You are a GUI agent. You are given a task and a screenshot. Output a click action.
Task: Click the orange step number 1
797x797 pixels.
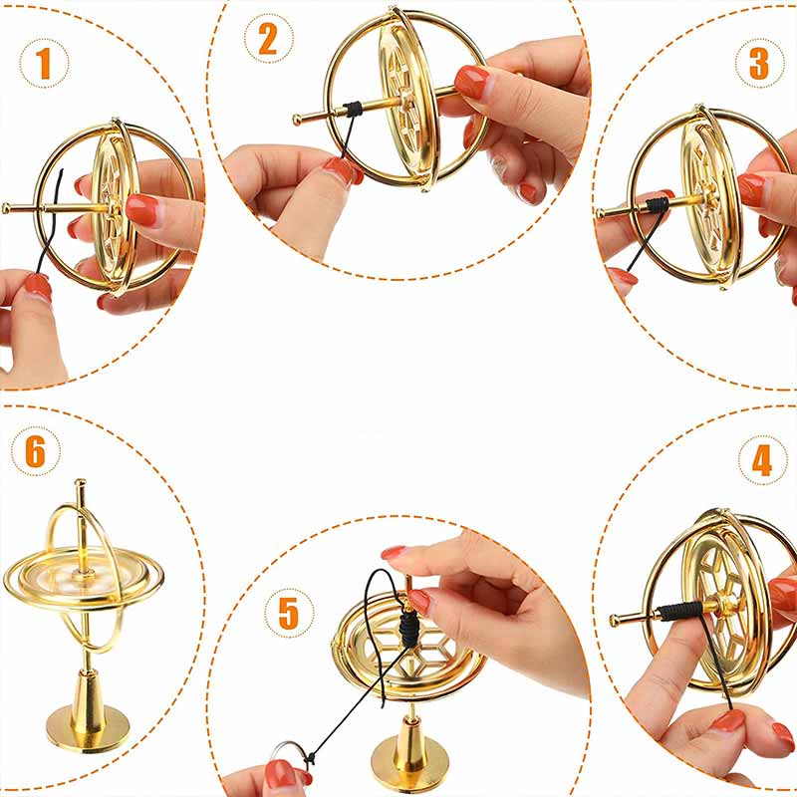[x=44, y=64]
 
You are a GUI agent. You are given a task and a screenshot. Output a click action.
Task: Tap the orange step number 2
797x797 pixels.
[x=268, y=39]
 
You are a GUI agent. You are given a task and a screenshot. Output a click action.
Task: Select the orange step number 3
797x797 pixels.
[x=759, y=64]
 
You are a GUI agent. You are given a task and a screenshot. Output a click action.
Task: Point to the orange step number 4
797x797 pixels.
[x=762, y=460]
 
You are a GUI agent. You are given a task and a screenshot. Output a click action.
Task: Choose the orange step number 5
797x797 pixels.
[x=288, y=613]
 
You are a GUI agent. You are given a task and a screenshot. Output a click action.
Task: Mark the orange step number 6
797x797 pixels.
[x=35, y=451]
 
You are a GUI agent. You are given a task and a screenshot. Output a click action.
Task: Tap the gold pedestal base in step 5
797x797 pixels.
[x=409, y=752]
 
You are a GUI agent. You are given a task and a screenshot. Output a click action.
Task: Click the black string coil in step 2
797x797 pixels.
[x=353, y=110]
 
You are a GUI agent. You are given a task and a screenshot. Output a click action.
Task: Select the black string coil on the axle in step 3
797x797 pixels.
[x=657, y=204]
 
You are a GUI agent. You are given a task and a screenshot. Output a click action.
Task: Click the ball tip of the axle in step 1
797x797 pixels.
[x=6, y=208]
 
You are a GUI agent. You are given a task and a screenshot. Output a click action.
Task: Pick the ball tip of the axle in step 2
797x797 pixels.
[x=297, y=120]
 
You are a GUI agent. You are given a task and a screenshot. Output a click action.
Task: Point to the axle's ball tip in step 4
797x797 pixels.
[x=615, y=620]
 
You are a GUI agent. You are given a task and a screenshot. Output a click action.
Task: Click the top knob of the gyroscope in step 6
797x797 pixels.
[x=81, y=482]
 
